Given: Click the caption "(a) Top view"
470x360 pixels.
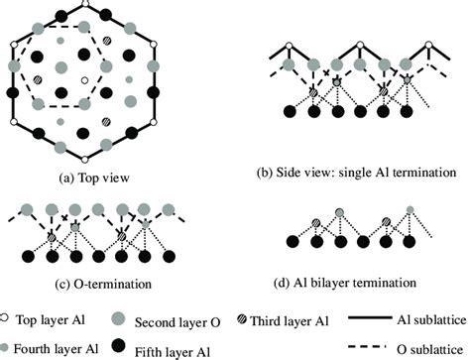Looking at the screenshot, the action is click(x=94, y=178).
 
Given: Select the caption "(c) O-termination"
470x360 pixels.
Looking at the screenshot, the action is click(x=104, y=284).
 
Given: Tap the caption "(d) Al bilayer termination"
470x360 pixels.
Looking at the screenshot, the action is click(x=345, y=283).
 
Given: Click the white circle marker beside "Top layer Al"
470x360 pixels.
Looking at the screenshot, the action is click(x=4, y=319).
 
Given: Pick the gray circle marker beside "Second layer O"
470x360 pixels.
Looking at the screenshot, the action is click(x=118, y=319).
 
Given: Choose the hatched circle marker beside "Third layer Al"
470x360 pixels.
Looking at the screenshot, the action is click(x=242, y=319).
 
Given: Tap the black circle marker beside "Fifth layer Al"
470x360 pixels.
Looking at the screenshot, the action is click(x=118, y=346).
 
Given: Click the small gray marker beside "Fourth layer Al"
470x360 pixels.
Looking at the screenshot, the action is click(x=4, y=347).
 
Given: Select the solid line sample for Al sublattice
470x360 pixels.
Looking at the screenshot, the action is click(x=370, y=318).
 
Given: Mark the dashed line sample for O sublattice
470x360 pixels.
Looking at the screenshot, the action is click(x=367, y=347).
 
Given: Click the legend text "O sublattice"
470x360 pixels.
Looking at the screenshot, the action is click(x=430, y=349).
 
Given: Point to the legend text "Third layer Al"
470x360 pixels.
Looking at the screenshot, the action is click(x=290, y=321).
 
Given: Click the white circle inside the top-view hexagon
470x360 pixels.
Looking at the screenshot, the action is click(x=84, y=80).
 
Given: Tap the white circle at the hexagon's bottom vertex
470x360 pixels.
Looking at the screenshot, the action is click(x=85, y=160).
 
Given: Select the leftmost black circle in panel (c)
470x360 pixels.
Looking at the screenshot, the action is click(x=29, y=256).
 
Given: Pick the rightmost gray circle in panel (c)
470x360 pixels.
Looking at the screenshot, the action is click(x=169, y=209).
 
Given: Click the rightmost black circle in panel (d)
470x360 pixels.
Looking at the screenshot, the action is click(x=409, y=242).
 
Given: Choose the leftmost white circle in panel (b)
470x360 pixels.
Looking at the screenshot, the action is click(x=290, y=46).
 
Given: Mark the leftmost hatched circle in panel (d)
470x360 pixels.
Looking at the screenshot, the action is click(x=316, y=222).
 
